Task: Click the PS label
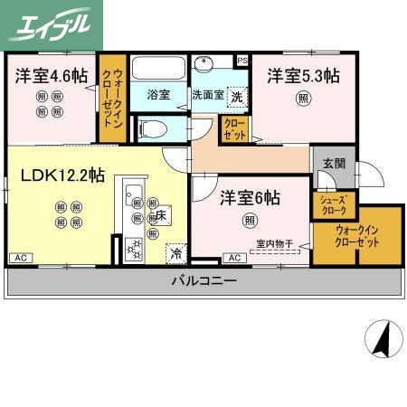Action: [241, 61]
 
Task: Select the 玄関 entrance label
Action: [333, 164]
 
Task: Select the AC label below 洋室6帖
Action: [233, 259]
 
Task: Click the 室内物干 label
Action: [272, 242]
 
